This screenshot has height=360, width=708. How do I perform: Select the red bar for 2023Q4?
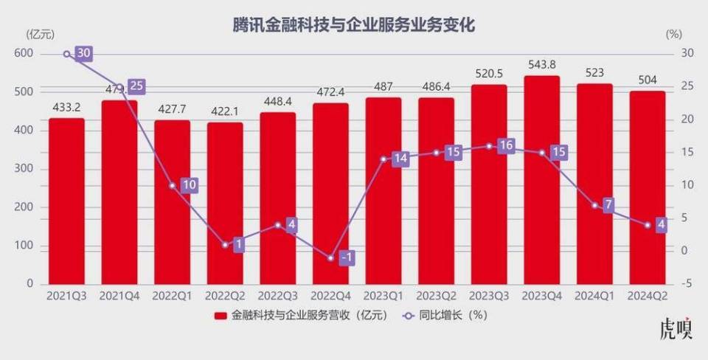click(541, 180)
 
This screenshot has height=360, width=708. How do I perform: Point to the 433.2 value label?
click(66, 107)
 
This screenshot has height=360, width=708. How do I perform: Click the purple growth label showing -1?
click(347, 257)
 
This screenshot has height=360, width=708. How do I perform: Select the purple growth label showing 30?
click(83, 53)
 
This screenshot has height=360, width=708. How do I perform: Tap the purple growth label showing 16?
click(505, 146)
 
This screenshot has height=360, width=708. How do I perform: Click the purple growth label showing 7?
click(608, 205)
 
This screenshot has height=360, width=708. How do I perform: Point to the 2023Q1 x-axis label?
click(383, 296)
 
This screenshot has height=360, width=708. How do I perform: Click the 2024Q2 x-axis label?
click(647, 296)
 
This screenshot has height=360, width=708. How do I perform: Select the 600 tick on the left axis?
click(24, 53)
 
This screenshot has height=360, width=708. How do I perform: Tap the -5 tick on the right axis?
click(686, 284)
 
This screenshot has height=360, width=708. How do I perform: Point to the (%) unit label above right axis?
click(674, 34)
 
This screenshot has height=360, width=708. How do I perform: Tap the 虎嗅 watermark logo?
click(676, 330)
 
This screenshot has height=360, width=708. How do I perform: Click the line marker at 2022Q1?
click(173, 185)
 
